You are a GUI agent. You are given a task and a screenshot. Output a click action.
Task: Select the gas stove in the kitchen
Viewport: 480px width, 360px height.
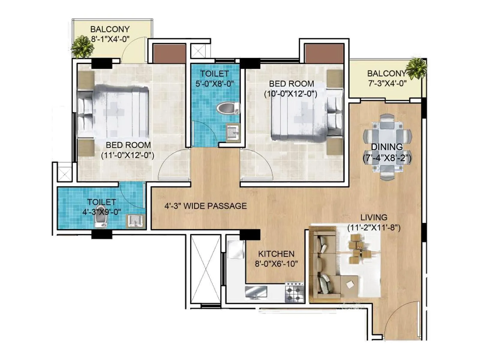pyautogui.click(x=294, y=292)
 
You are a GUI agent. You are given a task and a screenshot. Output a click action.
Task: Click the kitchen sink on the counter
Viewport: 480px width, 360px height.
pyautogui.click(x=256, y=292)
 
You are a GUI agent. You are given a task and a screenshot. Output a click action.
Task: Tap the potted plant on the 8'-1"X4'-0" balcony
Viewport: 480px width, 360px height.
pyautogui.click(x=82, y=47)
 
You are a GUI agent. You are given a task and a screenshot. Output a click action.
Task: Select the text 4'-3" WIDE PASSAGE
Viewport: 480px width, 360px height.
pyautogui.click(x=205, y=206)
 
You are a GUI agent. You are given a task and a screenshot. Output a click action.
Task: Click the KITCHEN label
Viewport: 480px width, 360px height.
pyautogui.click(x=276, y=254)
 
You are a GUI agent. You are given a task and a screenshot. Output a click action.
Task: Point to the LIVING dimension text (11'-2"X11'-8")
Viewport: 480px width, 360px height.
pyautogui.click(x=374, y=228)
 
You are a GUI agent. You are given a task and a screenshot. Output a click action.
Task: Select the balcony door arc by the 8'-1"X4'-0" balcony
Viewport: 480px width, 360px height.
pyautogui.click(x=134, y=49)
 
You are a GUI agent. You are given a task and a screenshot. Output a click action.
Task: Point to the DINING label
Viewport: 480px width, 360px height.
pyautogui.click(x=387, y=147)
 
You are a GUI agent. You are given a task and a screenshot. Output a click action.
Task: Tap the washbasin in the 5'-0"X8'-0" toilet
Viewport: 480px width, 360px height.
pyautogui.click(x=233, y=132)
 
